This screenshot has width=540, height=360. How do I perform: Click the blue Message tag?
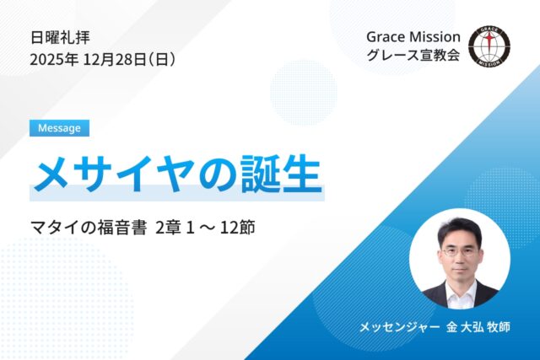(x=59, y=128)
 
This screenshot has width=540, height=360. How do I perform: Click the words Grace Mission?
(x=413, y=38)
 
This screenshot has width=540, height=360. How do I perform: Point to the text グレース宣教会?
(x=413, y=59)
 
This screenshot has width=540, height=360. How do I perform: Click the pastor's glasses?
(x=459, y=251)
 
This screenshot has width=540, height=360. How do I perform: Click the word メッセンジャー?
(x=397, y=325)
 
